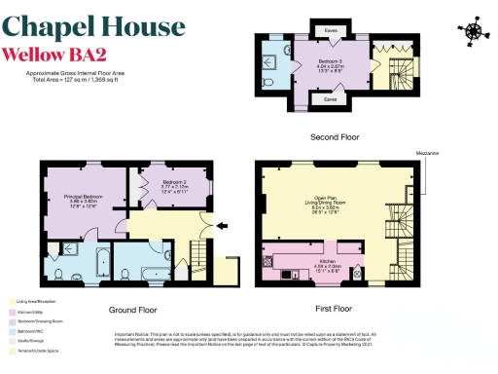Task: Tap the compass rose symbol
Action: tap(473, 32)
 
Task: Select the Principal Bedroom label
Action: tap(84, 201)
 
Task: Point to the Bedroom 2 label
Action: tap(174, 185)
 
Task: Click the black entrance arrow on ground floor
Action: tap(222, 227)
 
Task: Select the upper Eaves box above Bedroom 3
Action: tap(331, 30)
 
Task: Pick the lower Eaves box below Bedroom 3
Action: tap(331, 98)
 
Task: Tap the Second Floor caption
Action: tap(334, 137)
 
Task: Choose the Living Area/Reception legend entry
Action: tap(34, 304)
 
